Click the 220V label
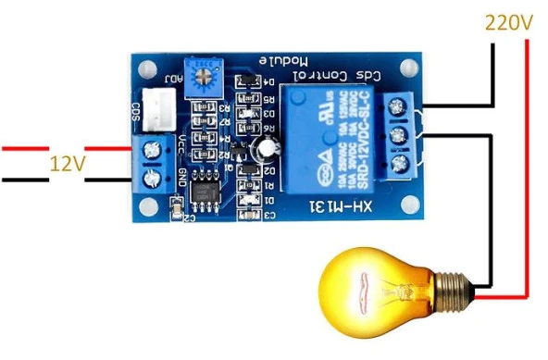click(507, 20)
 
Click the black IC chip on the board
click(206, 190)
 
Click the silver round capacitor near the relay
click(268, 146)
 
